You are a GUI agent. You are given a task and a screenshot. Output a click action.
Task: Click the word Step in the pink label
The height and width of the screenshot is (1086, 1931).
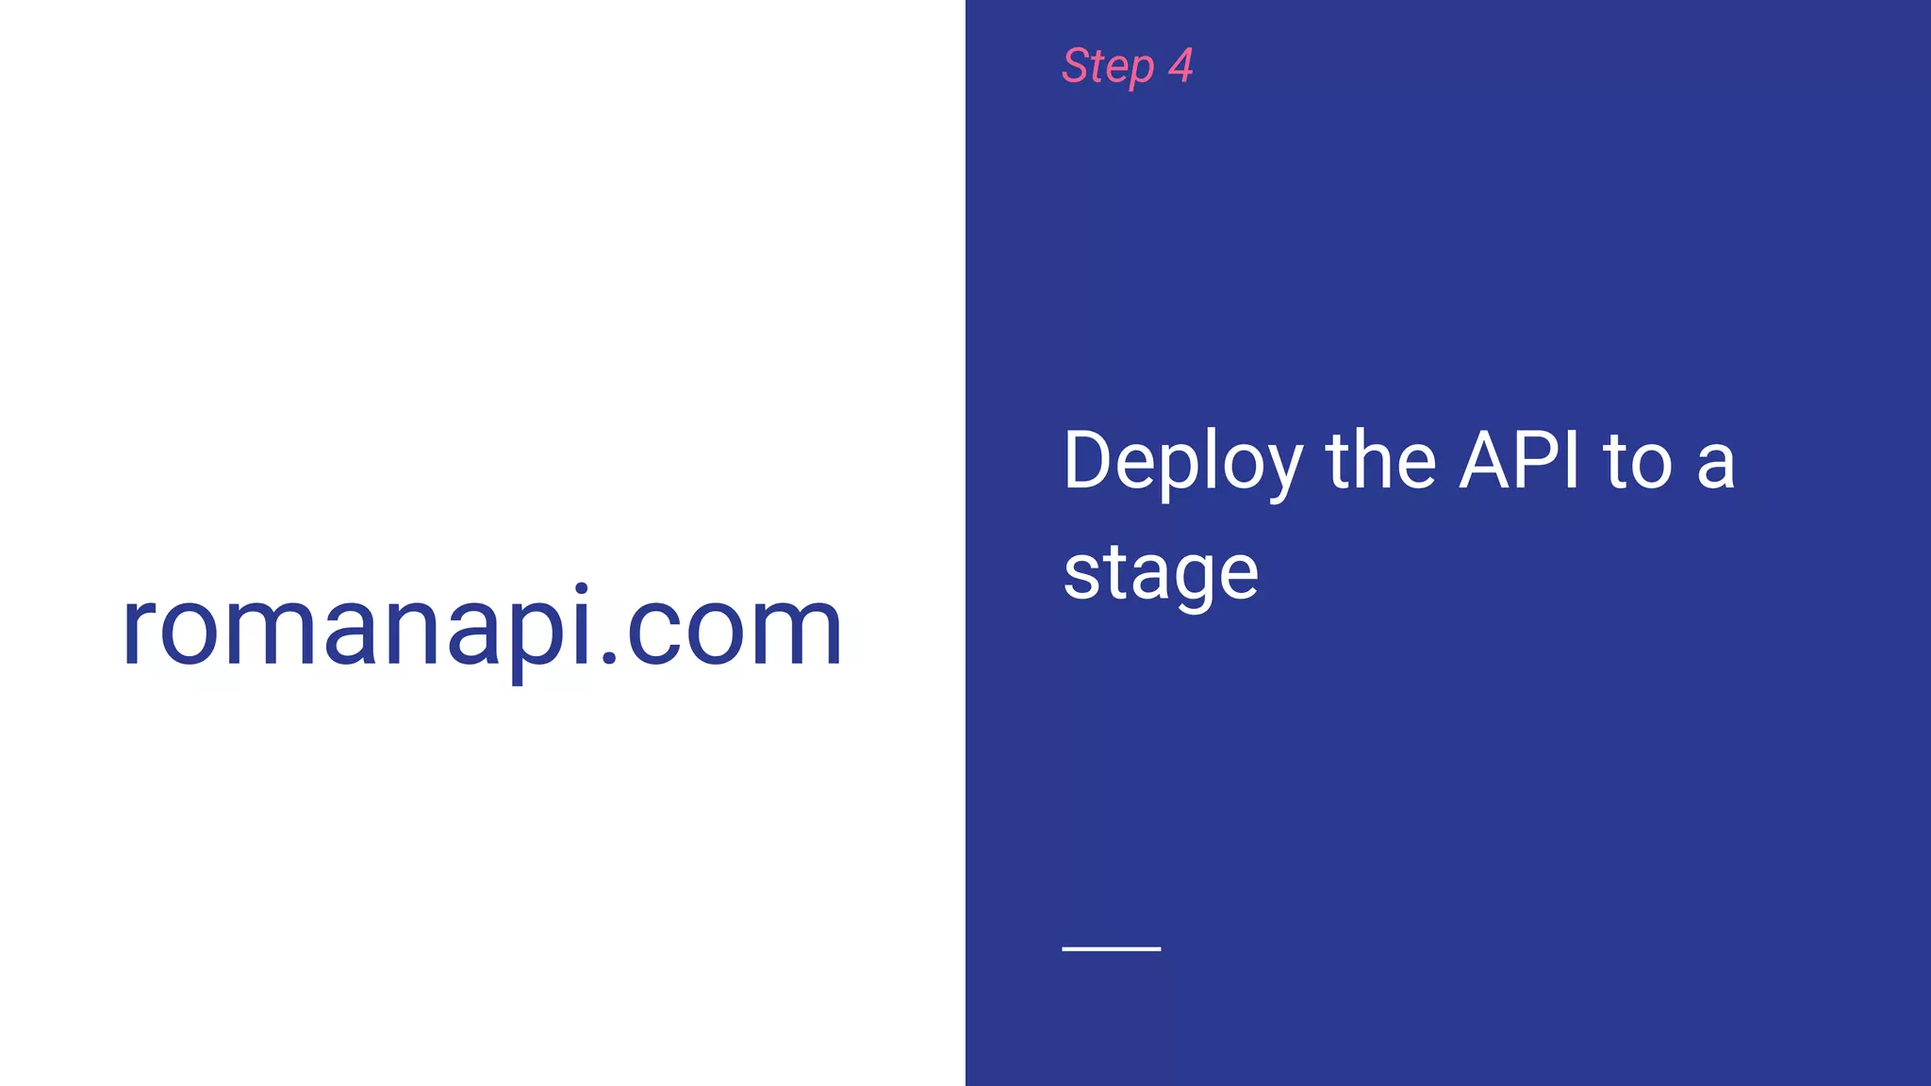[1108, 67]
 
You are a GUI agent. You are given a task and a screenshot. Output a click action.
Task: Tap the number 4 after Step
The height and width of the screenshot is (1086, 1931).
[1180, 66]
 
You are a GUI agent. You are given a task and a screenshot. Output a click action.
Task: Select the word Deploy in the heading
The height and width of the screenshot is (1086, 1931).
[1182, 462]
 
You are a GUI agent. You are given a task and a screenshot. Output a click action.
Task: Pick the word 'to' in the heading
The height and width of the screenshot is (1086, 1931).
[1637, 462]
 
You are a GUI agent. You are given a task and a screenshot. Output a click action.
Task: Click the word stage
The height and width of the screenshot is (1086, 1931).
[1161, 573]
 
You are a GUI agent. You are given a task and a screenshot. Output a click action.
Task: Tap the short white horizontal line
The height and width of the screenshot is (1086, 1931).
[1111, 948]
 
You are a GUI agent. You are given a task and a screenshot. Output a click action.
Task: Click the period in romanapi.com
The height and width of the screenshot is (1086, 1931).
[609, 659]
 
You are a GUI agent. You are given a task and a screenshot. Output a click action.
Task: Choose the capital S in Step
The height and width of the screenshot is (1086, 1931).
[1077, 66]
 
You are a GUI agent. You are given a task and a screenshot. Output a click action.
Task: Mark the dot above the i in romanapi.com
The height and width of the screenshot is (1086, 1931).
[582, 590]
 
